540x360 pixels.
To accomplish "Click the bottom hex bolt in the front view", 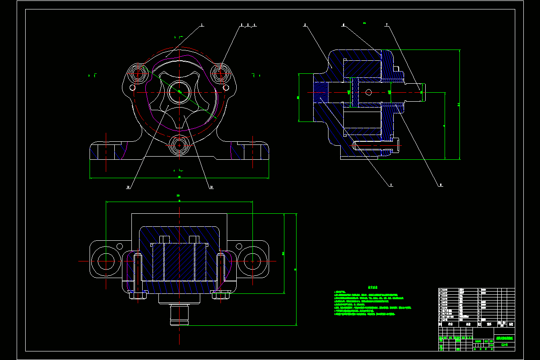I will pyautogui.click(x=180, y=145).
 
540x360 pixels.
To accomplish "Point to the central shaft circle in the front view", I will pyautogui.click(x=180, y=92).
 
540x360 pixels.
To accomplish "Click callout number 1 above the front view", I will pyautogui.click(x=202, y=25).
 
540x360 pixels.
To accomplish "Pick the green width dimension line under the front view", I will pyautogui.click(x=180, y=178).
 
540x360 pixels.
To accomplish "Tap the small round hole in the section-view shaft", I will pyautogui.click(x=369, y=92).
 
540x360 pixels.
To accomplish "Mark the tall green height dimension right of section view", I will pyautogui.click(x=459, y=104).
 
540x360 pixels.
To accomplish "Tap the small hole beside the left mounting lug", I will pyautogui.click(x=120, y=246).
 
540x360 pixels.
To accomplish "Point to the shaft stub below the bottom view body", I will pyautogui.click(x=180, y=315).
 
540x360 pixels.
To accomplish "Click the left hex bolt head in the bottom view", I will pyautogui.click(x=138, y=295).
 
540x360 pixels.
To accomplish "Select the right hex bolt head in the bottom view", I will pyautogui.click(x=221, y=295).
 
